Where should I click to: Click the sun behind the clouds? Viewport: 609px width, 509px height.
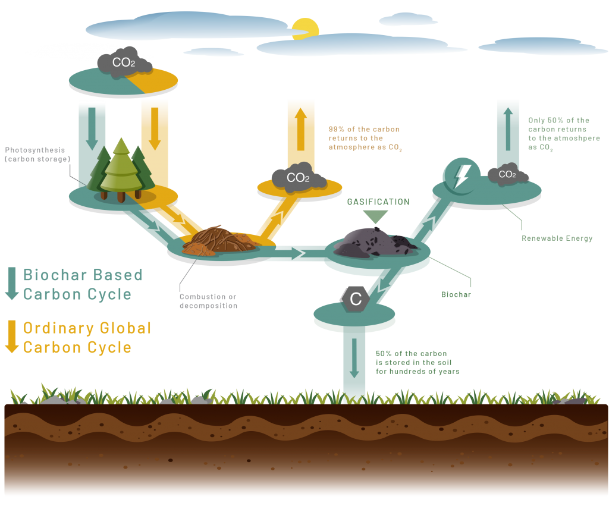point(305,29)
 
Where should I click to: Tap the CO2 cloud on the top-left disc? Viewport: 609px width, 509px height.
point(124,62)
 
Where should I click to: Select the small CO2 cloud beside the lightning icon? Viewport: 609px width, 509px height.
point(507,175)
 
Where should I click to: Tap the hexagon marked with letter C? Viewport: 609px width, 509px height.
point(355,299)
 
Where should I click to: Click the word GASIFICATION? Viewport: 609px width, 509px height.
point(378,202)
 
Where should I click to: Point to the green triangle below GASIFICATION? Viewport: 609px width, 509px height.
point(376,216)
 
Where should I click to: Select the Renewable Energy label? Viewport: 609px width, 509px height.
point(557,238)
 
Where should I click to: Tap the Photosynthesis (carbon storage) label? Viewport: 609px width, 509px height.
point(37,155)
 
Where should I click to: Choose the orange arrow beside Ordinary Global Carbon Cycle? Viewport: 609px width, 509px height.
point(12,337)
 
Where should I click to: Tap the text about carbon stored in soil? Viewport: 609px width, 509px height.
point(417,362)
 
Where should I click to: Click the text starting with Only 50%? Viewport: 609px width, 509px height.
point(563,134)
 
